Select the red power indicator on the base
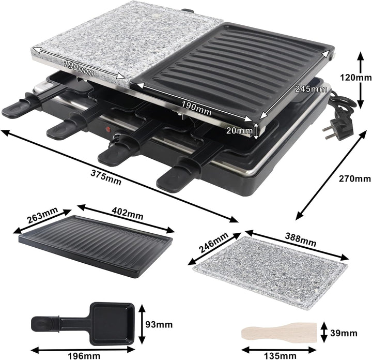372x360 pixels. pyautogui.click(x=109, y=130)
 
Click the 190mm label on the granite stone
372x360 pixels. pyautogui.click(x=79, y=65)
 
